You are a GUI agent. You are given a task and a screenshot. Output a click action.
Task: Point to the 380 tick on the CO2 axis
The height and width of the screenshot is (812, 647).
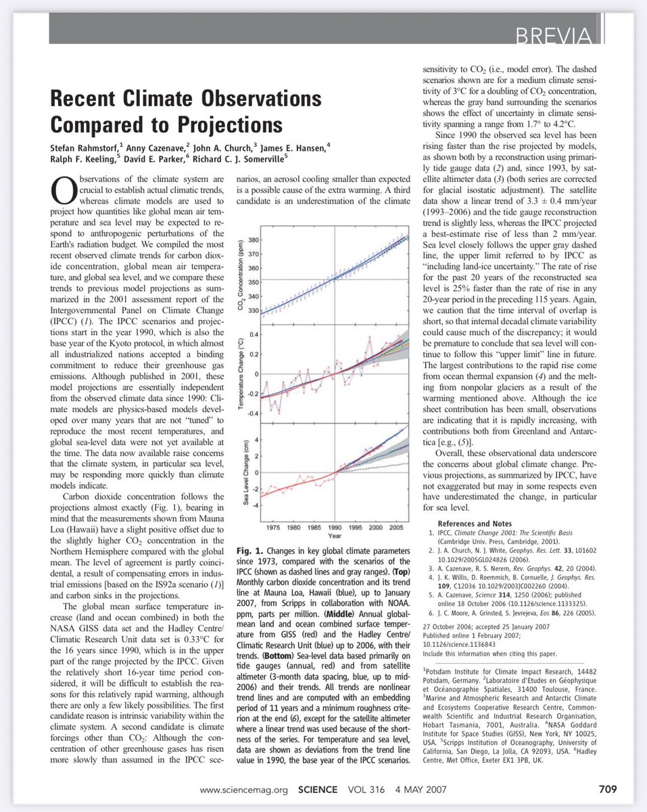pos(252,240)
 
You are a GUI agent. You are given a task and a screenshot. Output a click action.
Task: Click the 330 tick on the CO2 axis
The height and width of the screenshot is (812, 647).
pos(252,310)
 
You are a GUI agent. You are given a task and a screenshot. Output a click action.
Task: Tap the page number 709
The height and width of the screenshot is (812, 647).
pos(606,788)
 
